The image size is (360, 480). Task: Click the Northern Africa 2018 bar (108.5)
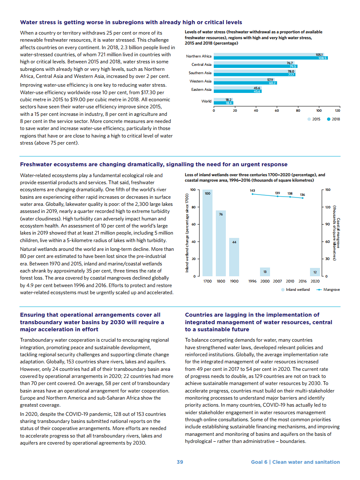271,58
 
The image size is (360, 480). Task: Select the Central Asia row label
201,65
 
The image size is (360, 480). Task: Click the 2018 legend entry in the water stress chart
334,119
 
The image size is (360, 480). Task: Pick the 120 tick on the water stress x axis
337,110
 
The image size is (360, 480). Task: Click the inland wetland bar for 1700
207,233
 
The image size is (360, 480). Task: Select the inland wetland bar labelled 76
221,244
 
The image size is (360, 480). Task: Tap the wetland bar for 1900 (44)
234,257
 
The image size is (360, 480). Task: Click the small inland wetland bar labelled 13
265,272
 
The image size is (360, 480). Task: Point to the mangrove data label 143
252,190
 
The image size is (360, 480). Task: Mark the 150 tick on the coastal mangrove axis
328,190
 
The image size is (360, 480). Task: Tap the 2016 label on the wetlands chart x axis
302,281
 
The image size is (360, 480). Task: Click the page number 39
180,462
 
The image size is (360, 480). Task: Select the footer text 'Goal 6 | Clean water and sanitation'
295,462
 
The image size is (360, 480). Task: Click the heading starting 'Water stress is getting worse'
131,22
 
